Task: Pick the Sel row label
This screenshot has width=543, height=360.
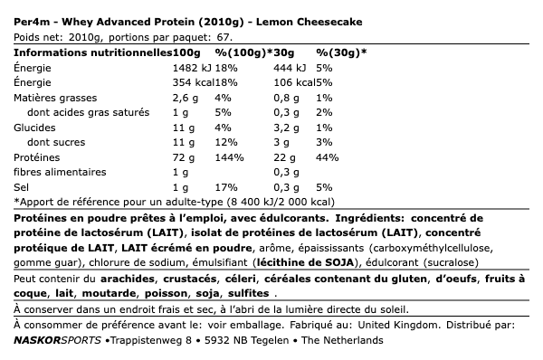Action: point(23,186)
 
